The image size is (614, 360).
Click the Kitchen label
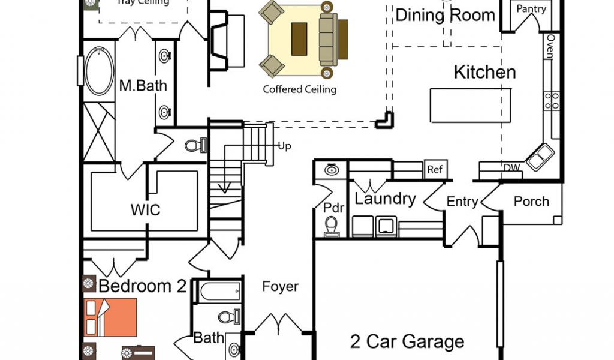484,73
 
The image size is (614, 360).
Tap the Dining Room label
446,16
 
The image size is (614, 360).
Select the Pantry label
531,9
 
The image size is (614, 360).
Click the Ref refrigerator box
435,169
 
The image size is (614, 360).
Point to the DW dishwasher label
511,169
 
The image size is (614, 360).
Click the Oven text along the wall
549,47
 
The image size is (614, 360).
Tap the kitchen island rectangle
471,105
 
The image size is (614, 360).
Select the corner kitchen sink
540,157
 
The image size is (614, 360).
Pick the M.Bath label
143,85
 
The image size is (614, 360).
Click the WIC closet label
145,211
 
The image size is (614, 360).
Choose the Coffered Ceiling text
300,89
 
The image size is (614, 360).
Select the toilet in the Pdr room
332,227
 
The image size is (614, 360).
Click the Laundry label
385,199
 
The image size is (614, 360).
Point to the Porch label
531,201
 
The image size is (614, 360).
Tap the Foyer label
280,287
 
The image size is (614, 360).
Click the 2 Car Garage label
407,342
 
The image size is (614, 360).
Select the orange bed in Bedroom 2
111,317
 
